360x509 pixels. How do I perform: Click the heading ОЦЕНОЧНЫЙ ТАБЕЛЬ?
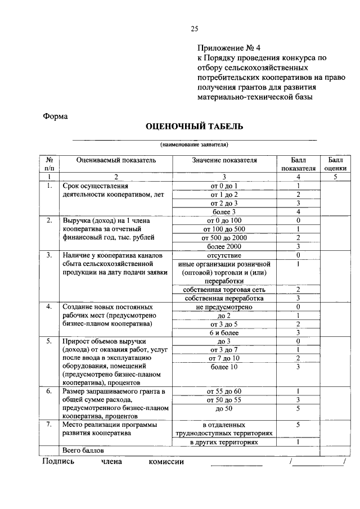pos(195,127)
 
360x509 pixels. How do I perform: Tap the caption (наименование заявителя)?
pos(194,145)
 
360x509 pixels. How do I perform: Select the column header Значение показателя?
pos(224,160)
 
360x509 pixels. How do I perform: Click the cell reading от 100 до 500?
pos(224,229)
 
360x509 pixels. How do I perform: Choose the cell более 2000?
pos(224,246)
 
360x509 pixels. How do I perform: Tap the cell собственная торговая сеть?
pos(224,289)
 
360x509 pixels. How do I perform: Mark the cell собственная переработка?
pos(224,298)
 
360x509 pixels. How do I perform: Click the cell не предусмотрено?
pos(224,307)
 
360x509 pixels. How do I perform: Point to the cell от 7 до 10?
pos(224,358)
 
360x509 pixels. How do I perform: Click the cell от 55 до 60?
pos(224,391)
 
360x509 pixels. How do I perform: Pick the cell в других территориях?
pos(224,442)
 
